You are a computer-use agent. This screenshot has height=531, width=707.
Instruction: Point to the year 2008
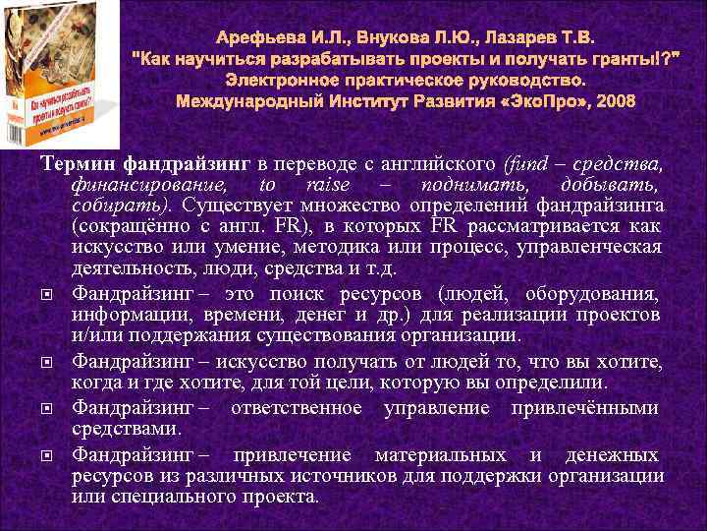point(615,101)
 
